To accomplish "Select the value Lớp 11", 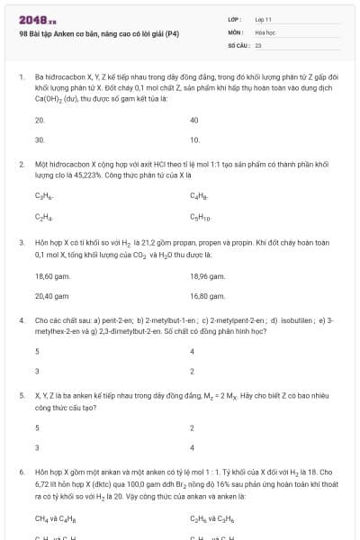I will (x=263, y=19).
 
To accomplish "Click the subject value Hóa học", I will (x=265, y=31).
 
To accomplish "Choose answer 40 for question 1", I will (x=194, y=120).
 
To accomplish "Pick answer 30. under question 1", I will (x=40, y=140).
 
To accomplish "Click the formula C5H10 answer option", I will (x=200, y=217).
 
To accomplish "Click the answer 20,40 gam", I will (x=52, y=295).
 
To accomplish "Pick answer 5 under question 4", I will (x=38, y=351).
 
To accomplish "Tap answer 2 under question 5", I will (x=193, y=428).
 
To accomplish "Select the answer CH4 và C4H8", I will (x=55, y=518).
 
